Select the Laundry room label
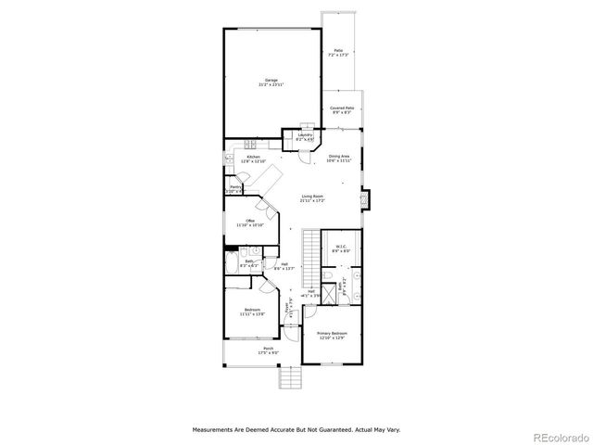(305, 135)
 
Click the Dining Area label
(338, 158)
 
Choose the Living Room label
(311, 197)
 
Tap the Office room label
(250, 221)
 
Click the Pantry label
(235, 189)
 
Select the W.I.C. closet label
(341, 248)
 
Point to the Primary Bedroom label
(332, 333)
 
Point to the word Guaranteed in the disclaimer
(313, 430)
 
